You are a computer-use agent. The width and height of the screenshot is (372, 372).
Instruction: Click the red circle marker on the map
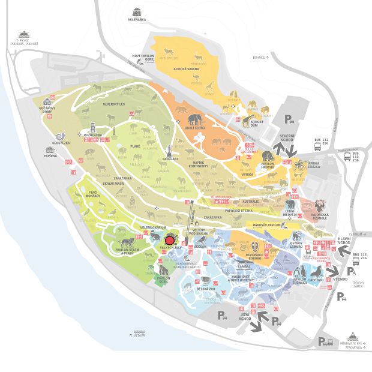coord(169,240)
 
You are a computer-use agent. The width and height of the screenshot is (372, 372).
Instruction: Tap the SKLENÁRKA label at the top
coord(136,20)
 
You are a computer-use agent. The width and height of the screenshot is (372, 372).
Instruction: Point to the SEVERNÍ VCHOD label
coord(287,137)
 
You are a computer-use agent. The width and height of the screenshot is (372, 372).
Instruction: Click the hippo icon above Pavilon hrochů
coord(268,155)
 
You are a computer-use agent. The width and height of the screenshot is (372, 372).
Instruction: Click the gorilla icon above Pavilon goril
coord(163,269)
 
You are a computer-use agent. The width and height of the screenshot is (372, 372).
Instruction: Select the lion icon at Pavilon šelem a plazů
coord(127,242)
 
